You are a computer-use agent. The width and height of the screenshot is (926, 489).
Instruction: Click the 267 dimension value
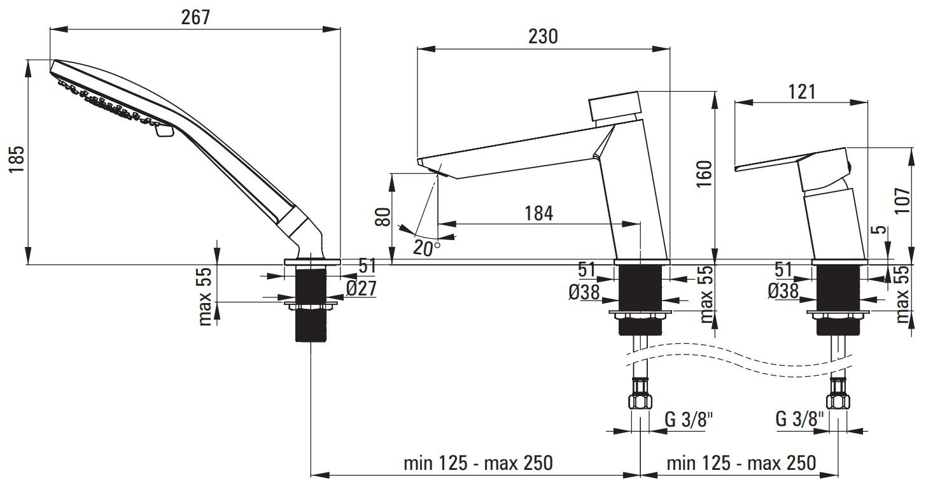tap(195, 17)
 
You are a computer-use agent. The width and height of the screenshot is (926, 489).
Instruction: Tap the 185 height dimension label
tap(17, 159)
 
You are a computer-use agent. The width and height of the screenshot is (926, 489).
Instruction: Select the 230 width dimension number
tap(543, 36)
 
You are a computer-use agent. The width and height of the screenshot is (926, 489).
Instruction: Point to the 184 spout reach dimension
tap(538, 213)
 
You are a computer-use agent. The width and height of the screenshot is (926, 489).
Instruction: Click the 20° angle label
tap(426, 248)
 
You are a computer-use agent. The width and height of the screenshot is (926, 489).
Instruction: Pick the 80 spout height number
tap(382, 217)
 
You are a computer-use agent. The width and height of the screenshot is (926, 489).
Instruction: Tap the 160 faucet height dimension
tap(705, 174)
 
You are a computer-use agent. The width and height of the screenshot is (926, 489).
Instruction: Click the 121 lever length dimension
tap(801, 92)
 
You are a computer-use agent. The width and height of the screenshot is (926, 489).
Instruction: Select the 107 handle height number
tap(902, 201)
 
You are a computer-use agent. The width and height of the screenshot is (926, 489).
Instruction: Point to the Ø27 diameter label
tap(361, 288)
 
